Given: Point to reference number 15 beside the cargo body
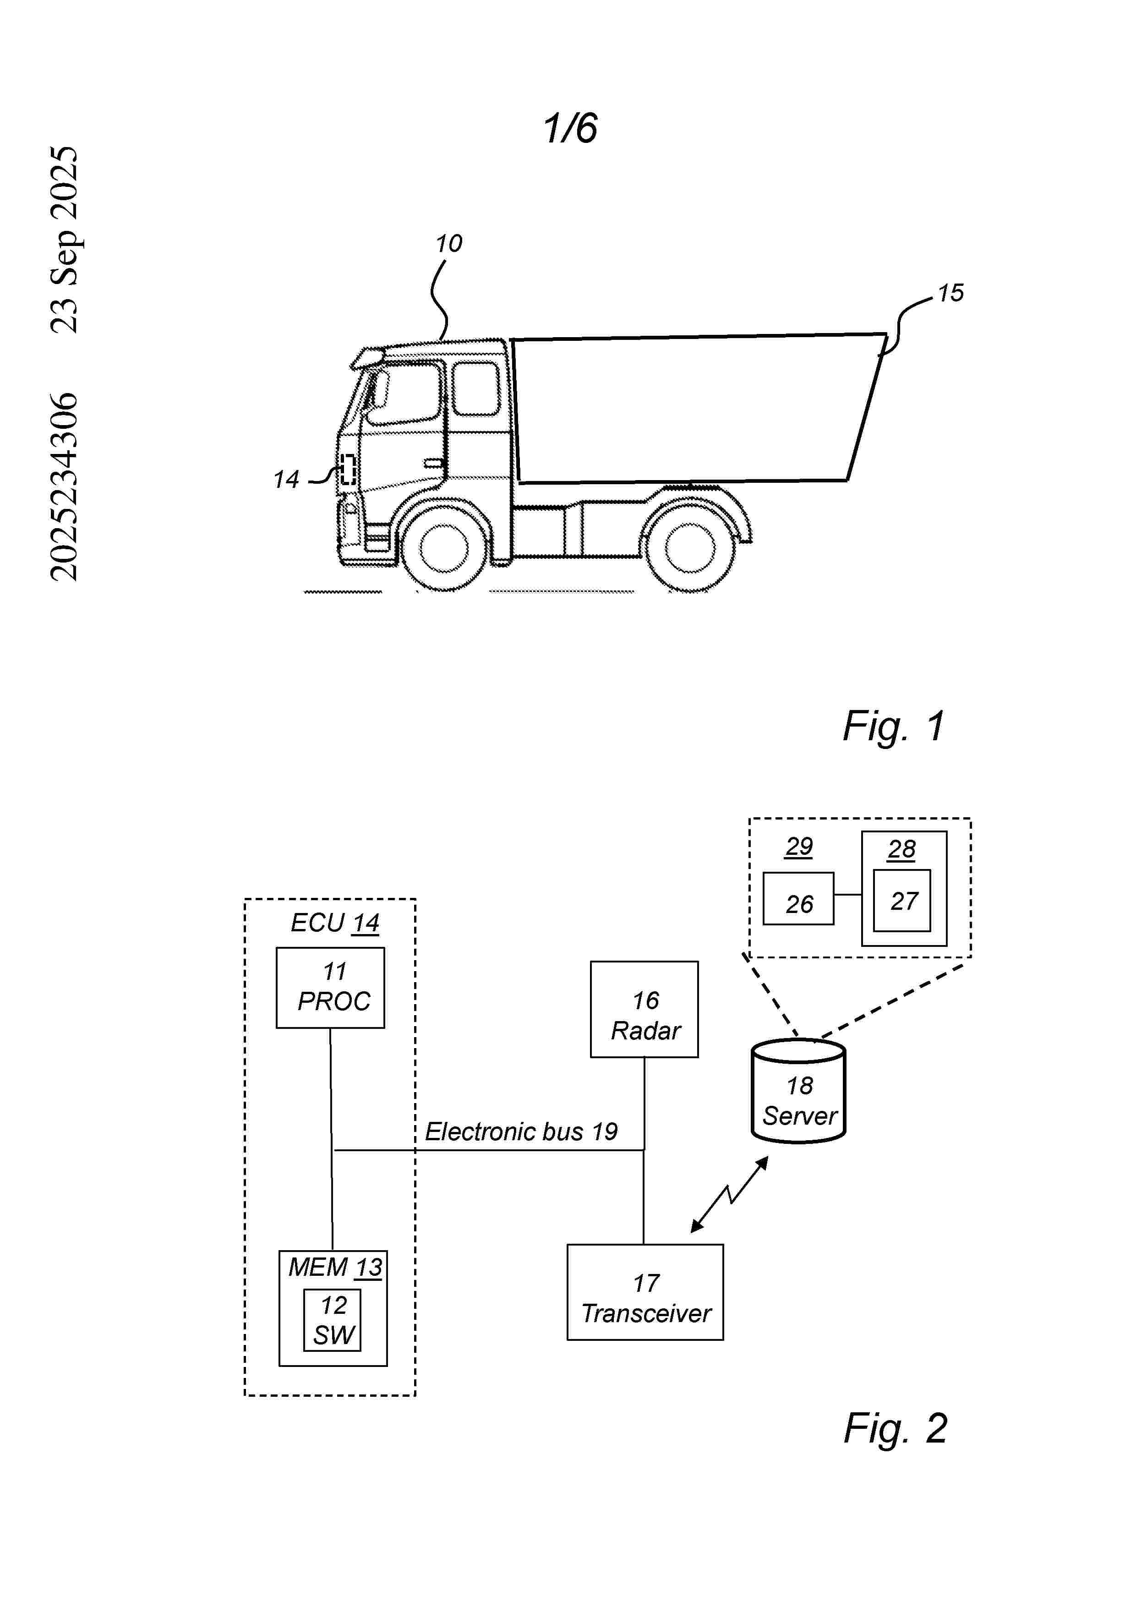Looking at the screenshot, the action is coord(950,293).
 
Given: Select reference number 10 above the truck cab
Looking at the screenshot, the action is coord(448,244).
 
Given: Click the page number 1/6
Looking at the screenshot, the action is coord(570,128).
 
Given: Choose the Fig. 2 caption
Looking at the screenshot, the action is coord(895,1428).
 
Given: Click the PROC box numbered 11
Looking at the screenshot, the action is coord(330,988).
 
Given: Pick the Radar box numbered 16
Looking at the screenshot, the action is coord(644,1009).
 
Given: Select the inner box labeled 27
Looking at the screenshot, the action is coord(902,900).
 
